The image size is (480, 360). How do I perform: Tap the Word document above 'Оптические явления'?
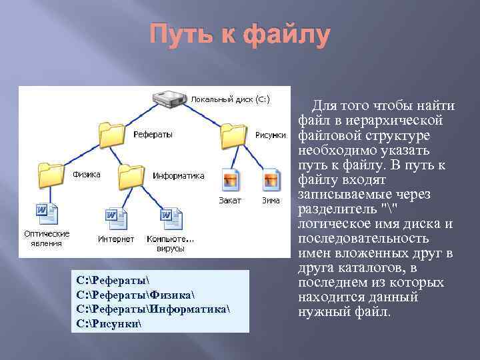point(47,214)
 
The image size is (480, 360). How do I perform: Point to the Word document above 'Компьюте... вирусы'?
point(170,217)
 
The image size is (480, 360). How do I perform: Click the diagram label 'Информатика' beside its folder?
point(178,176)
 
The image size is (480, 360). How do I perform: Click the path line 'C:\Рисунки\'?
point(109,324)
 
